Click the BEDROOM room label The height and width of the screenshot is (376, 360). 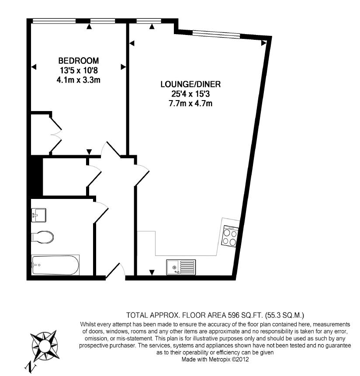[x=78, y=60]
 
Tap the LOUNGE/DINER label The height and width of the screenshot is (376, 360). [x=190, y=84]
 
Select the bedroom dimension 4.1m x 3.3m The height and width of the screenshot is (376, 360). [x=78, y=80]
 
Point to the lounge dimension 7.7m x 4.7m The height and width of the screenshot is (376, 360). [x=190, y=104]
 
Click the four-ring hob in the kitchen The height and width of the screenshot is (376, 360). [x=230, y=236]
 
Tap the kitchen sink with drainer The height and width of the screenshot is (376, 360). [x=181, y=267]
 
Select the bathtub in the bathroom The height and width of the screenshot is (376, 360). [x=55, y=265]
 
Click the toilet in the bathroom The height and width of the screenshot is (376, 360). [x=42, y=237]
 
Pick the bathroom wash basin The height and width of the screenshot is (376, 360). [x=38, y=215]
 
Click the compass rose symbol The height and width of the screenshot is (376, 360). [x=45, y=345]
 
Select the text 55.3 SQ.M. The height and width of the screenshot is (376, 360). [x=284, y=315]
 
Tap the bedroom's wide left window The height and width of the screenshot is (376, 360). [x=55, y=21]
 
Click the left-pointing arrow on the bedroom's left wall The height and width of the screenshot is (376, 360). [x=34, y=67]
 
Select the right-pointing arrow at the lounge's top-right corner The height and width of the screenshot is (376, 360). [x=263, y=43]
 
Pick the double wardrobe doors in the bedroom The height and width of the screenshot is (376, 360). [x=55, y=135]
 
